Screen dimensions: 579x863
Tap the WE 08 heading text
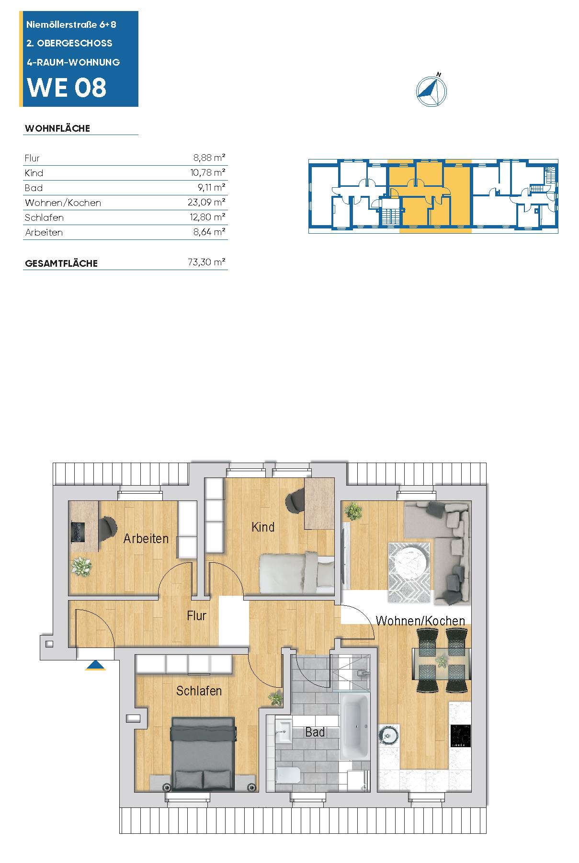click(67, 88)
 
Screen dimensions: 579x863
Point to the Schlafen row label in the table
click(44, 217)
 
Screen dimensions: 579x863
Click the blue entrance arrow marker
click(96, 665)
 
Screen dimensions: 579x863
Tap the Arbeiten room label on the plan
click(146, 538)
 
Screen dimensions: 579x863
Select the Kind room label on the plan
click(263, 527)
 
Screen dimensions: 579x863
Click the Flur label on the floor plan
click(196, 615)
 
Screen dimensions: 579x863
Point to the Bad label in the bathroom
click(315, 732)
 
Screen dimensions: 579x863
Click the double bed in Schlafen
click(204, 753)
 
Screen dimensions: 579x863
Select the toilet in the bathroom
click(288, 774)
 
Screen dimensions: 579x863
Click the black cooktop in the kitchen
click(461, 736)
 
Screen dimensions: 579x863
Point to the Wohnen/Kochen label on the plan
click(420, 621)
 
